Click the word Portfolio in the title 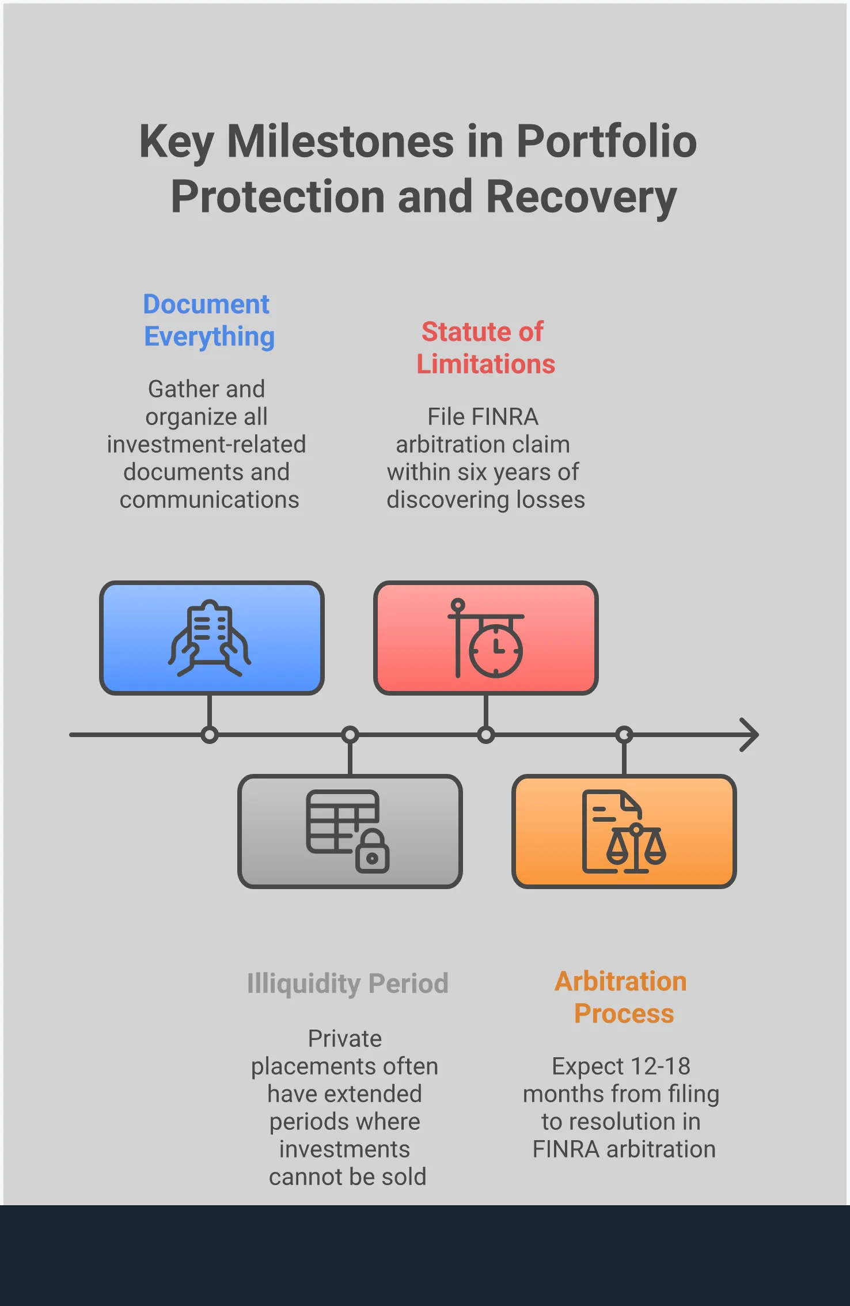(x=606, y=142)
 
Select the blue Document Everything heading (x=208, y=320)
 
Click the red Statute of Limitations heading (x=485, y=348)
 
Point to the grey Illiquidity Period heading (x=347, y=984)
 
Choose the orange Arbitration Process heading (x=621, y=997)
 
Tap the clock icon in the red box (x=496, y=651)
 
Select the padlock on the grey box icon (x=373, y=853)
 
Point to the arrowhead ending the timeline (x=750, y=735)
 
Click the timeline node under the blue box (x=210, y=735)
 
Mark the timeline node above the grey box (x=350, y=735)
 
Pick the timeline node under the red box (x=486, y=735)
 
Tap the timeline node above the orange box (x=624, y=735)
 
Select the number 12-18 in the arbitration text (x=660, y=1066)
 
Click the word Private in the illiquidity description (x=344, y=1039)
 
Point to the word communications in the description (x=209, y=500)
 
